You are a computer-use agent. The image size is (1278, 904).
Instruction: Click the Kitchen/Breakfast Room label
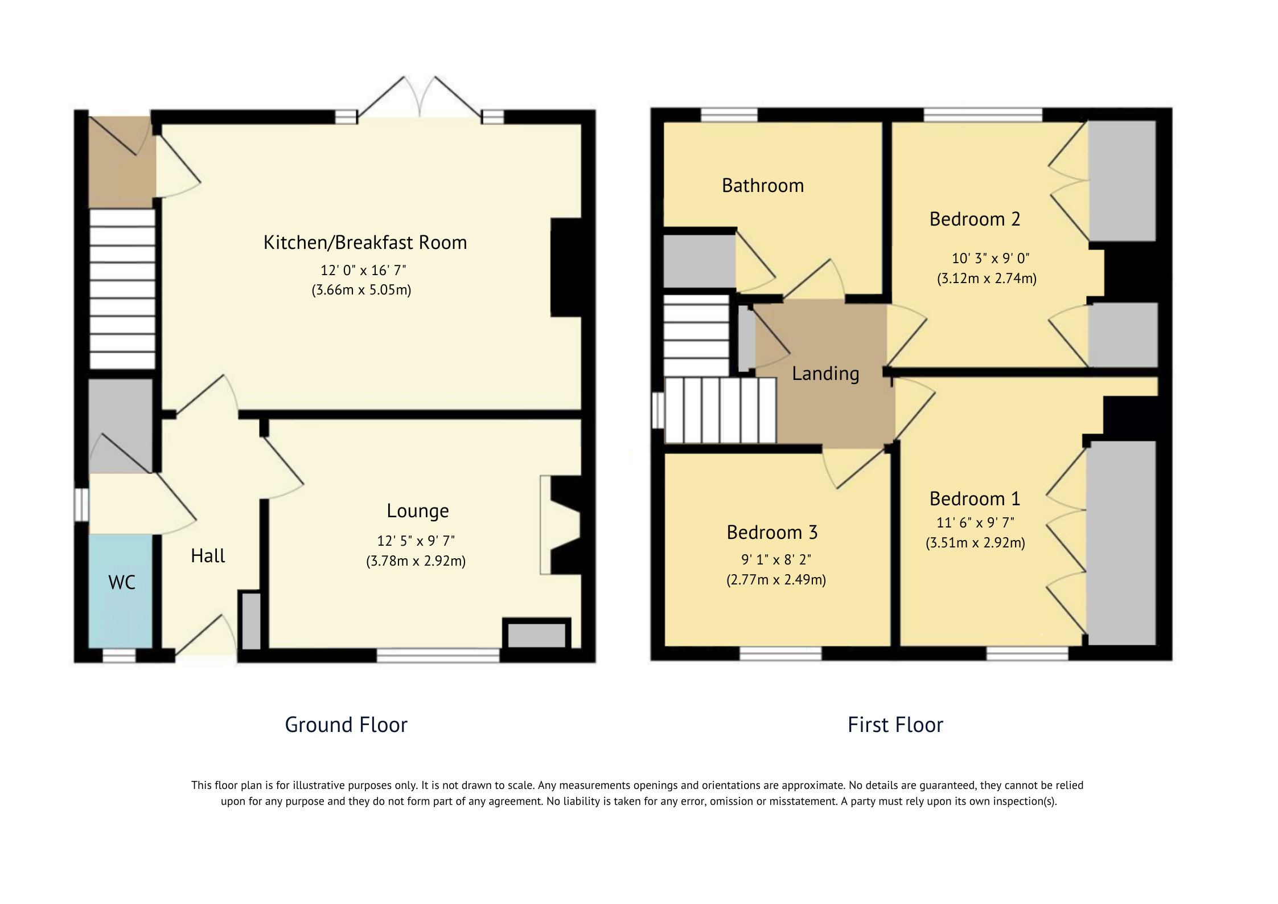click(x=365, y=243)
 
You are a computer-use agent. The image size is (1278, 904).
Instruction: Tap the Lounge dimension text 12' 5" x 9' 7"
click(x=416, y=541)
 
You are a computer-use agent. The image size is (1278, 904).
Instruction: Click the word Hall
click(x=208, y=556)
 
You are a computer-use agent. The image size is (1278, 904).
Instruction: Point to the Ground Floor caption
click(x=346, y=725)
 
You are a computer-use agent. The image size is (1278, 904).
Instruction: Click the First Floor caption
click(x=895, y=725)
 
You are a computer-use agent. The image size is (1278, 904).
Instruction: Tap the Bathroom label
click(x=763, y=186)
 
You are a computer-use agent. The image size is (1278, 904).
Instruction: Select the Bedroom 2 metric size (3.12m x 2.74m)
click(x=987, y=279)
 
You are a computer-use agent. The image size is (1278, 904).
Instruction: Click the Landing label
click(x=825, y=374)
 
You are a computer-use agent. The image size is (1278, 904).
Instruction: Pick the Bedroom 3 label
click(x=772, y=533)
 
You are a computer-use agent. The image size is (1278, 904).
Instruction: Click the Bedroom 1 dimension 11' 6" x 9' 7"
click(x=975, y=522)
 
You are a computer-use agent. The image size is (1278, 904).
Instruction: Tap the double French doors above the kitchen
click(x=420, y=100)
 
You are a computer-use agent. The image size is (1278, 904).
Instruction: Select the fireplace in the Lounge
click(x=561, y=525)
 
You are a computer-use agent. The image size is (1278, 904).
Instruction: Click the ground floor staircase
click(x=122, y=289)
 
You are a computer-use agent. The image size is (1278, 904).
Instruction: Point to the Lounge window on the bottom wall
click(x=438, y=656)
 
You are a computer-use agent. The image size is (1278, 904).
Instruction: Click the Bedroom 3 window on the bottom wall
click(x=780, y=653)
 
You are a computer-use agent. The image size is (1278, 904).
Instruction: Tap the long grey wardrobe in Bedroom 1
click(x=1121, y=542)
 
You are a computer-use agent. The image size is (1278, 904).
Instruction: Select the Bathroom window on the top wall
click(x=729, y=114)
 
